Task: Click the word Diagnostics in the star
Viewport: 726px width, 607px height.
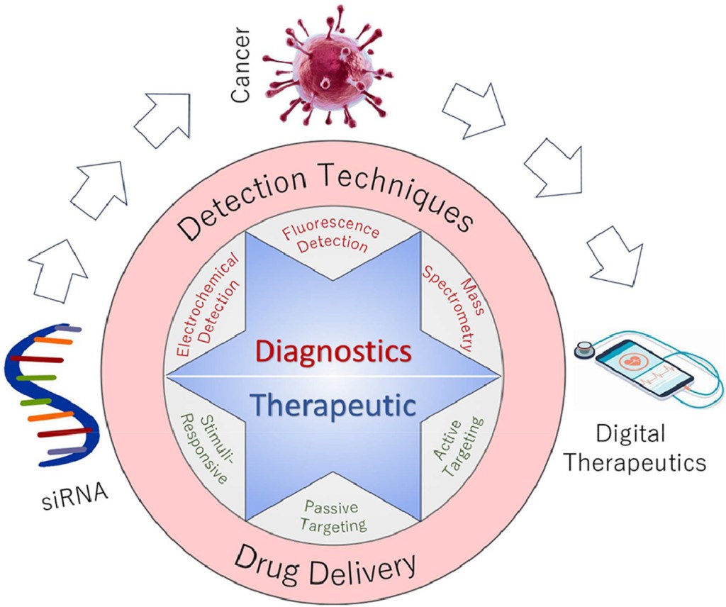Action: point(333,350)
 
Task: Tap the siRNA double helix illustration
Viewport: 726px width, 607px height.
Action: point(52,397)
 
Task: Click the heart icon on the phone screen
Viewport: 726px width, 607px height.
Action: point(632,360)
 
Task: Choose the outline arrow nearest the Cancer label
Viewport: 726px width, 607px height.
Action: point(163,118)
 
